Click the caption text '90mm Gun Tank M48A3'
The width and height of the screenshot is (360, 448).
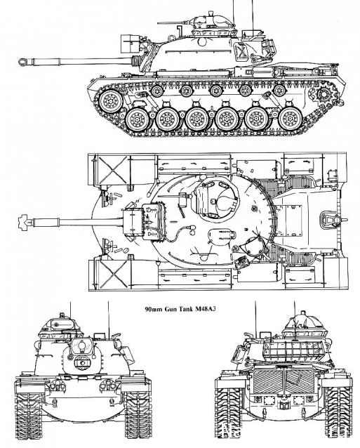pyautogui.click(x=180, y=309)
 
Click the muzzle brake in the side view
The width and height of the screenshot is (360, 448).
pyautogui.click(x=25, y=62)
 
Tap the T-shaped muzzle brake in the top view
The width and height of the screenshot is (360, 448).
pyautogui.click(x=24, y=222)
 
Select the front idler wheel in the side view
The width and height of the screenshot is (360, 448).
pyautogui.click(x=110, y=101)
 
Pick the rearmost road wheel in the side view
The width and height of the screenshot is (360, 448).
pyautogui.click(x=291, y=119)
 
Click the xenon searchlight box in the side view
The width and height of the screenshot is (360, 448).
pyautogui.click(x=129, y=44)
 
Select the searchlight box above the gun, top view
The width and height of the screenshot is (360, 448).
pyautogui.click(x=133, y=222)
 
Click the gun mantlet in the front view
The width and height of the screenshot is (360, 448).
pyautogui.click(x=82, y=356)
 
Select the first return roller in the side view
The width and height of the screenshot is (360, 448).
pyautogui.click(x=156, y=91)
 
